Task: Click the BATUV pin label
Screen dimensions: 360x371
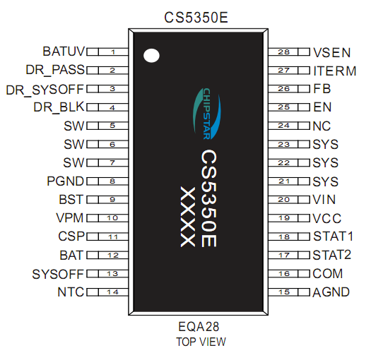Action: (63, 52)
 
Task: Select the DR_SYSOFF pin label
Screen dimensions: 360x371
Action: (45, 89)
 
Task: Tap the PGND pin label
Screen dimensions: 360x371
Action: (66, 181)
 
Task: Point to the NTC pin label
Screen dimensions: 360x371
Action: (71, 292)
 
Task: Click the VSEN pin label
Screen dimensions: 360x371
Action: (331, 52)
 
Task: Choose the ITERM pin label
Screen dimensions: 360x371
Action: (332, 71)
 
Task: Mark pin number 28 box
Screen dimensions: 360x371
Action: (283, 52)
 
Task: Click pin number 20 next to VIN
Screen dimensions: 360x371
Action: (283, 200)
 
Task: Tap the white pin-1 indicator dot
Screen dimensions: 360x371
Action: (151, 56)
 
